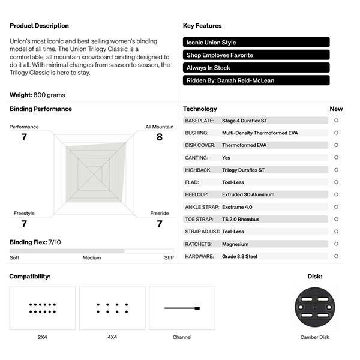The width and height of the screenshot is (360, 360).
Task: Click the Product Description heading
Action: point(39,26)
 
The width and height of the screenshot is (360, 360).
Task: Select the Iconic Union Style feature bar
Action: point(256,43)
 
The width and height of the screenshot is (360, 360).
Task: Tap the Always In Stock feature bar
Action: point(256,68)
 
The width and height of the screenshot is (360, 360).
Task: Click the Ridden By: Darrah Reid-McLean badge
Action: point(256,80)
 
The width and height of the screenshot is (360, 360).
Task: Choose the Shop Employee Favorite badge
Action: point(256,55)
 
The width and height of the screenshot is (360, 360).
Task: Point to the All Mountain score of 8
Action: point(159,137)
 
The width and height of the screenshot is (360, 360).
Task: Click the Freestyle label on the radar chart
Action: point(24,213)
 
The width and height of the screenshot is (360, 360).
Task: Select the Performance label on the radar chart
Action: point(24,127)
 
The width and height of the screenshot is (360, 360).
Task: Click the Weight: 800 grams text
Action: point(37,95)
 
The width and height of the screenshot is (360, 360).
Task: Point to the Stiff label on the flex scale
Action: point(169,258)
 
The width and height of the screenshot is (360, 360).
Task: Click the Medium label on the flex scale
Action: point(92,258)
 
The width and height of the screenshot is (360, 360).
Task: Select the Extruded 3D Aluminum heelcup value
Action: point(248,194)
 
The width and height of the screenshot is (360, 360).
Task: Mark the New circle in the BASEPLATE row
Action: point(336,121)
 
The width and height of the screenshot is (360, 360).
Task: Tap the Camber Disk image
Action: point(315,307)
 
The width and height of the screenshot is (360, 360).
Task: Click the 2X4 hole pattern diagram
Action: point(43,308)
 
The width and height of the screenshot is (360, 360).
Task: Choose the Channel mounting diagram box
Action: point(182,308)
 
